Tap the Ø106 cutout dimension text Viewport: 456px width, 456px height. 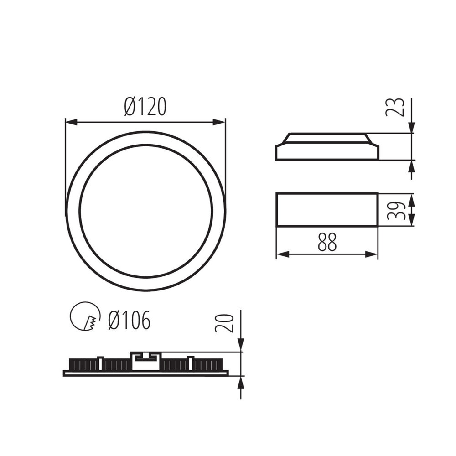coord(129,321)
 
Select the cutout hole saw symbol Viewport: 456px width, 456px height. coord(85,316)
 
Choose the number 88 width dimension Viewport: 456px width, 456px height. coord(327,242)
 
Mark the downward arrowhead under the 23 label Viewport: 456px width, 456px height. coord(411,128)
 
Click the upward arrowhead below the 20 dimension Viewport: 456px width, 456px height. coord(241,382)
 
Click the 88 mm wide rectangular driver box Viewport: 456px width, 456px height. coord(327,210)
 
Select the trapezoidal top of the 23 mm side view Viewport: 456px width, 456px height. coord(326,138)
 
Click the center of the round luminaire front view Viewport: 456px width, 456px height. coord(145,211)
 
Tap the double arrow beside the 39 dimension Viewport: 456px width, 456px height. coord(411,210)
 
